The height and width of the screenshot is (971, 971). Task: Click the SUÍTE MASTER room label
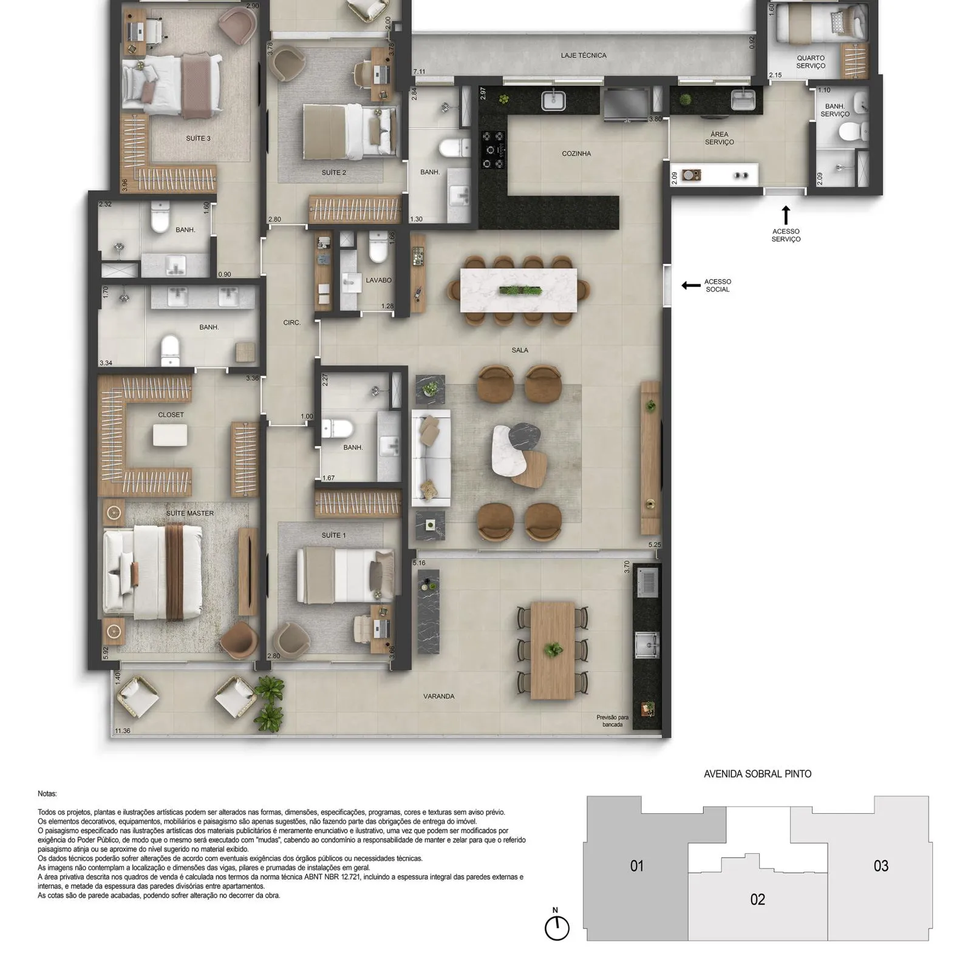click(190, 513)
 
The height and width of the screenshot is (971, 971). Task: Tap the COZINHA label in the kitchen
click(576, 154)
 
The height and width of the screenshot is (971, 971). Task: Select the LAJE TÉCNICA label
click(584, 55)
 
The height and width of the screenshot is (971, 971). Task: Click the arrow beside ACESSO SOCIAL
click(691, 285)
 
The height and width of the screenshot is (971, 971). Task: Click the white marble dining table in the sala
click(519, 290)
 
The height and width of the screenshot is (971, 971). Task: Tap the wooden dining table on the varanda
click(553, 651)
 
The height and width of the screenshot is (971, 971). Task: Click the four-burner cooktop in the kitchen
click(492, 150)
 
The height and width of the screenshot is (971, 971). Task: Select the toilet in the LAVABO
click(378, 248)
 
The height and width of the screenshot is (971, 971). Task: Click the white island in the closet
click(170, 435)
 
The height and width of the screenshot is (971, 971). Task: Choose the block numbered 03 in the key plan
click(881, 867)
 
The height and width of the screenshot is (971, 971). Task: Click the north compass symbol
click(557, 928)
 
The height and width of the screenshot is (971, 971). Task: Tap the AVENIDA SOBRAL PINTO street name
click(757, 774)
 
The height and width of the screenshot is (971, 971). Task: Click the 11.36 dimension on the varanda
click(123, 731)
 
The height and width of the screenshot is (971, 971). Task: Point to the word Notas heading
click(47, 794)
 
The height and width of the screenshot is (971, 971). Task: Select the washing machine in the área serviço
click(691, 175)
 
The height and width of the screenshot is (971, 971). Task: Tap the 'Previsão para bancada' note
click(613, 721)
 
